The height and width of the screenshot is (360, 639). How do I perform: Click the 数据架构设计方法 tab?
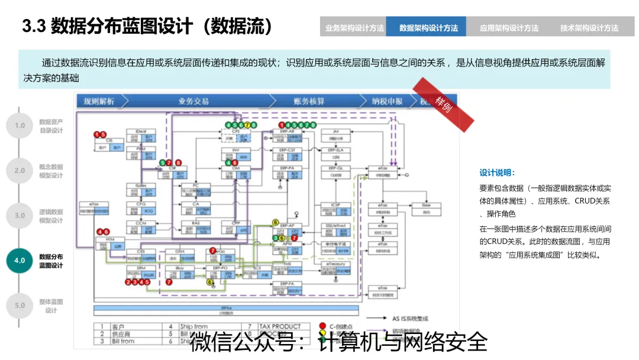tap(428, 28)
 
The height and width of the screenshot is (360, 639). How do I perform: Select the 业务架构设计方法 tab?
tap(354, 28)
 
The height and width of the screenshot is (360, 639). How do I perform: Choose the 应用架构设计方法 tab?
tap(509, 28)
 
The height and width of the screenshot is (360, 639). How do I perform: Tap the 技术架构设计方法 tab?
tap(589, 28)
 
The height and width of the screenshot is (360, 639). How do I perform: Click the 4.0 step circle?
tap(20, 261)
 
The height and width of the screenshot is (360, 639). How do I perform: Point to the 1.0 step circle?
tap(20, 126)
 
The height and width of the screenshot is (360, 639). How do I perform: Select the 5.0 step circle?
tap(20, 306)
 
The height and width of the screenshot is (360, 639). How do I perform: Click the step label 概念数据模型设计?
tap(51, 171)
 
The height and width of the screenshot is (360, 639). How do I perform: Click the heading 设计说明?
tap(497, 173)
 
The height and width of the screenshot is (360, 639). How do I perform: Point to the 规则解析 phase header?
tap(99, 101)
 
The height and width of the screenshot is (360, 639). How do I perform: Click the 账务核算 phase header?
tap(308, 101)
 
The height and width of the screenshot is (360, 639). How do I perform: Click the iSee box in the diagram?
tap(426, 205)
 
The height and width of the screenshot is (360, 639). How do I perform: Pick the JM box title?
tap(335, 130)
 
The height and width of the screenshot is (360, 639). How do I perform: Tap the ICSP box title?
tap(335, 205)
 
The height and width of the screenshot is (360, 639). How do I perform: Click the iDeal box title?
tap(141, 130)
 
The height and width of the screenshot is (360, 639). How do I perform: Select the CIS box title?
tap(109, 140)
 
